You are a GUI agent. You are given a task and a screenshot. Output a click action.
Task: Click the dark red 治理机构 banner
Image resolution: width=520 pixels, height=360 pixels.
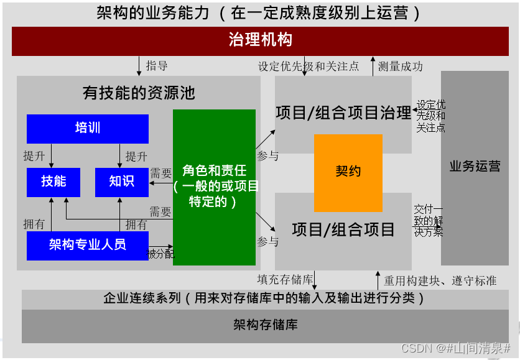coord(260,41)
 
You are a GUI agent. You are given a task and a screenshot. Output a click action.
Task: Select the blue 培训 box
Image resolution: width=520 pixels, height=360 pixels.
coord(87,129)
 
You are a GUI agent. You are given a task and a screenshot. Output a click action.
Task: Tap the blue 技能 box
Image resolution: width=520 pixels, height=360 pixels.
coord(53,182)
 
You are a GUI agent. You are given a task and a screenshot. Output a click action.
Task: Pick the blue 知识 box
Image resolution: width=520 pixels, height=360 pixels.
coord(121,182)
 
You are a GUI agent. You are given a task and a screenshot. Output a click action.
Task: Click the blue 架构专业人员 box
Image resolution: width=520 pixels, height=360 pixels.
coord(87,245)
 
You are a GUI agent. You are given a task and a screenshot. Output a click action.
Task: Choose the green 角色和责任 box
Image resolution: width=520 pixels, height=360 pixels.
coord(214,187)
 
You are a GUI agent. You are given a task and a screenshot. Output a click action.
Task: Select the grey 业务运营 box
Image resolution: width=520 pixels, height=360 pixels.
coord(474,167)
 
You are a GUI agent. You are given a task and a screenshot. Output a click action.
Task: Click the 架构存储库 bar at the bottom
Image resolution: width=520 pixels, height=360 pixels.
coord(265,326)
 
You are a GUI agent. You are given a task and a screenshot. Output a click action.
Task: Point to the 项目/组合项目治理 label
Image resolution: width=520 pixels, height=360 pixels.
coord(343,113)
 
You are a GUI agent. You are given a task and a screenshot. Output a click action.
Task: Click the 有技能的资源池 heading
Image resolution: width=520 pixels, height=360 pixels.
coord(139,93)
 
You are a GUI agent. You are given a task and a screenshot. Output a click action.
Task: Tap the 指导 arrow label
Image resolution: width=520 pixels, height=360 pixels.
coord(157,66)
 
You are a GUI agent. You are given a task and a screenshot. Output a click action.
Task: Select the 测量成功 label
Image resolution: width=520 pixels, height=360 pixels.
coord(400,67)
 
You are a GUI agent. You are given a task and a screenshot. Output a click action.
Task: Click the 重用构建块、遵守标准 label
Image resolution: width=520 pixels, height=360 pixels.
coord(440,280)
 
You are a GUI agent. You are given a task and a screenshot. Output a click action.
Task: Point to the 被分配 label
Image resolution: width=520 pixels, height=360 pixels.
coord(160,254)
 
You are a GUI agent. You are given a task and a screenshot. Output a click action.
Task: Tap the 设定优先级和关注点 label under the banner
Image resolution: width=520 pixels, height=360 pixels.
coord(309,67)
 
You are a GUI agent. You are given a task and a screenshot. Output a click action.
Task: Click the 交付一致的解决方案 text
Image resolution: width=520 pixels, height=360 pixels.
coord(429,221)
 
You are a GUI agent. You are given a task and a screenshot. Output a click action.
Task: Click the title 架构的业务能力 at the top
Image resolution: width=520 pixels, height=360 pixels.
coord(259,13)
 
